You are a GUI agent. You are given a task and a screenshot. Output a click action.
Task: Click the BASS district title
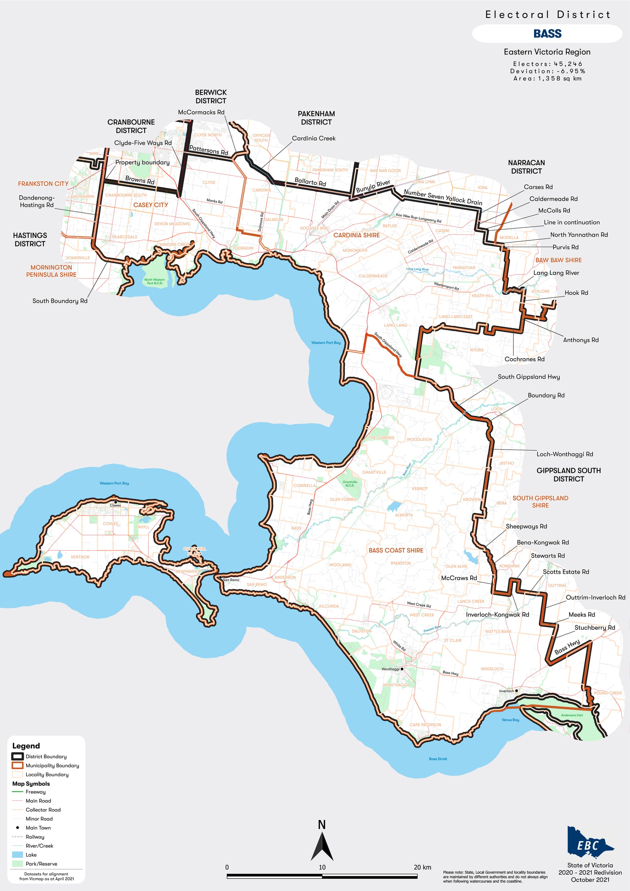(547, 34)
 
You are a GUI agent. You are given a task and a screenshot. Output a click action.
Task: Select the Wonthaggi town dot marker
(402, 669)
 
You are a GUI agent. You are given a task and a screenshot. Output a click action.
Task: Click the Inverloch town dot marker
(516, 690)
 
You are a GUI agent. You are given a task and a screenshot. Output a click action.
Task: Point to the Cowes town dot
(115, 502)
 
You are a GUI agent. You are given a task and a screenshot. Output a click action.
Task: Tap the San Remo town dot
(220, 578)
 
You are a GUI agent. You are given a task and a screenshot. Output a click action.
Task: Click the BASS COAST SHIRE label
(396, 550)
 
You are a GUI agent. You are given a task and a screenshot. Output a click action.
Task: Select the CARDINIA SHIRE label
(357, 235)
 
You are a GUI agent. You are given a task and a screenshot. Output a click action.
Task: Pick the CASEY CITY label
(151, 205)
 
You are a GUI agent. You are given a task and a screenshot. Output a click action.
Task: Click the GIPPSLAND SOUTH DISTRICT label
(568, 474)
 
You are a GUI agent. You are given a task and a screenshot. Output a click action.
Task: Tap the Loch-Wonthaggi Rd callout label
(564, 454)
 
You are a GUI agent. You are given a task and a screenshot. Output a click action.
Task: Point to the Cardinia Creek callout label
(313, 138)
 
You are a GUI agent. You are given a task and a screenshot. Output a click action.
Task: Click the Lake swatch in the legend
(17, 854)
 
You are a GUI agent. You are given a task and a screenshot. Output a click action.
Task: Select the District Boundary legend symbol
(17, 756)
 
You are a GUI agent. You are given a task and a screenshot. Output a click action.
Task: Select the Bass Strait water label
(438, 759)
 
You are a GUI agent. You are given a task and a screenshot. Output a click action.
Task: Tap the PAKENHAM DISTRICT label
(316, 118)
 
